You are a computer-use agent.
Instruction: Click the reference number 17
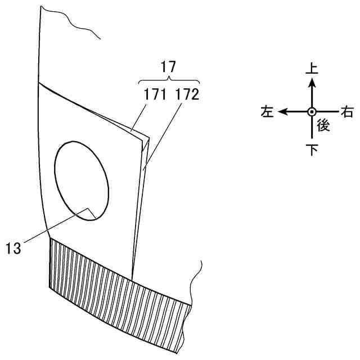coord(168,66)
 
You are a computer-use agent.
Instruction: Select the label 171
coord(155,94)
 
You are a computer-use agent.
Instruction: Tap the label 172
coord(187,94)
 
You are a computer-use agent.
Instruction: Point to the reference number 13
coord(13,247)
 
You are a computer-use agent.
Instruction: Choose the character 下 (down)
coord(311,150)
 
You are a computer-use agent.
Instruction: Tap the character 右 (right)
coord(348,112)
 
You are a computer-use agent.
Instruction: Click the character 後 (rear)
coord(322,125)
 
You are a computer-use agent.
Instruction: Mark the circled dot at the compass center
coord(311,111)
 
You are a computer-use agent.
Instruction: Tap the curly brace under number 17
coord(168,79)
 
